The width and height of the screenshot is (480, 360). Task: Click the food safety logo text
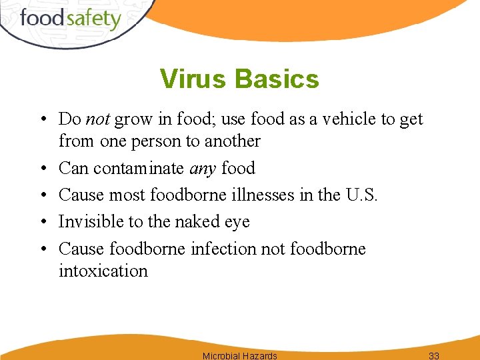tap(70, 19)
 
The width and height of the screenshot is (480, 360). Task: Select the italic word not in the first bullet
tap(98, 119)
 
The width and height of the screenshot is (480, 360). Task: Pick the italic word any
tap(203, 169)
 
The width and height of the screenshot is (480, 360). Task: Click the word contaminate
tap(139, 169)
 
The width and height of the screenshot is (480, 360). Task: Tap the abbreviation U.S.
tap(361, 195)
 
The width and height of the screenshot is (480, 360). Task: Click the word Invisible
tap(89, 222)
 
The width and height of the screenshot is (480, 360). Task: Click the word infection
tap(223, 249)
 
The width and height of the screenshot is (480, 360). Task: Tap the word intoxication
tap(103, 271)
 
